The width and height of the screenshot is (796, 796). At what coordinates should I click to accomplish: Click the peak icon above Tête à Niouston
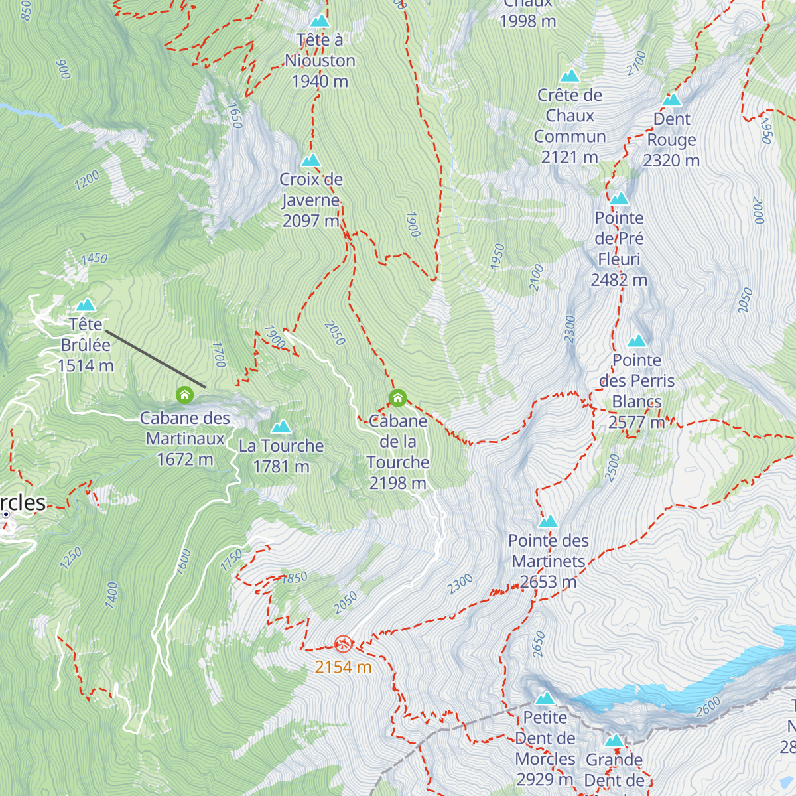tap(320, 21)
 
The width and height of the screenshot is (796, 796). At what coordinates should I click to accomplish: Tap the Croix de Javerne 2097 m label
tap(311, 200)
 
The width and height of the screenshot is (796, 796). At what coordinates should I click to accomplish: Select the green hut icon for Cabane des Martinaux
tap(185, 396)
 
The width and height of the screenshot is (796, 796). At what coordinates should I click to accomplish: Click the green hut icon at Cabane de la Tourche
tap(397, 398)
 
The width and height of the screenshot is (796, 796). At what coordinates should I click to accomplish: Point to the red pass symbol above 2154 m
tap(343, 643)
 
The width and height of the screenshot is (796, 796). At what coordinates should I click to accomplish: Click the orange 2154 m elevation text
tap(343, 667)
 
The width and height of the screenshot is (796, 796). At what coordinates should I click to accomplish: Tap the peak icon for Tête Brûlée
tap(85, 305)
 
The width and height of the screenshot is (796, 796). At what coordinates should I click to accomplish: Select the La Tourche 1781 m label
tap(281, 456)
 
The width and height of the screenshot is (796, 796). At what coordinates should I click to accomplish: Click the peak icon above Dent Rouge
tap(672, 100)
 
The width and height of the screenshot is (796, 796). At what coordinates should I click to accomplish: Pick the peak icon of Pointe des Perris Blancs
tap(637, 342)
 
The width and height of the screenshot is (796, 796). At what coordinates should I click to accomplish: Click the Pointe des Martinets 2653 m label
tap(549, 561)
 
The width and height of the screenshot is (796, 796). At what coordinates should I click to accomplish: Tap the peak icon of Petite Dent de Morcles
tap(545, 698)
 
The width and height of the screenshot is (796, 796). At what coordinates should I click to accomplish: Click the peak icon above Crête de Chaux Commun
tap(570, 76)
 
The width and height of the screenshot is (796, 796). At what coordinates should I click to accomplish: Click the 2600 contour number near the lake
tap(708, 707)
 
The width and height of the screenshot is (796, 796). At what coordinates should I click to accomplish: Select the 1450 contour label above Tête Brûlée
tap(94, 259)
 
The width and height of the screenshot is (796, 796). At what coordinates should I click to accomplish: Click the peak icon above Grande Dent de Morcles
tap(614, 741)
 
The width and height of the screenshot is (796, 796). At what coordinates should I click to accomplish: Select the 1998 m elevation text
tap(527, 21)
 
